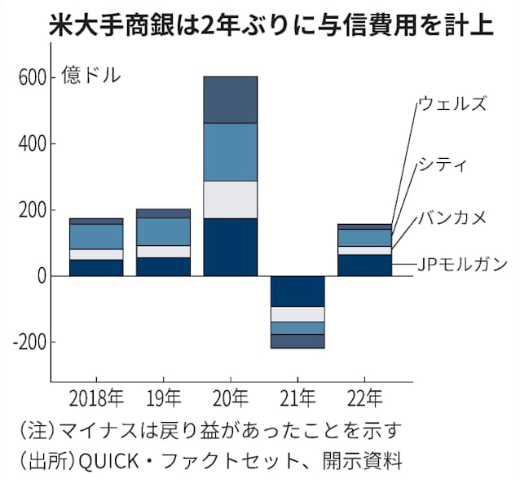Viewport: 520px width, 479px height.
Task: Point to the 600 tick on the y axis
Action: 33,77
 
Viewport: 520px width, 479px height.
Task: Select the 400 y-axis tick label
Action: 33,144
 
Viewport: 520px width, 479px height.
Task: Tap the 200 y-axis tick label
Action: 33,211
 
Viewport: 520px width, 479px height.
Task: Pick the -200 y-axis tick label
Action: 29,343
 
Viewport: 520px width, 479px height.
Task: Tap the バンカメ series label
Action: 452,217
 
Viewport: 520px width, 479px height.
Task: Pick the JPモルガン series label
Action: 461,264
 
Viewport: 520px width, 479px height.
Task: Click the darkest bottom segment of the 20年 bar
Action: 230,248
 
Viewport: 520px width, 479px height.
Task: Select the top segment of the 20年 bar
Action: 230,99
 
